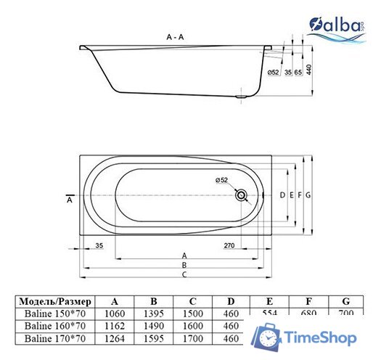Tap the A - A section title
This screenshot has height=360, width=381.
click(x=175, y=37)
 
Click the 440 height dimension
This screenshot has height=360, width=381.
click(x=308, y=70)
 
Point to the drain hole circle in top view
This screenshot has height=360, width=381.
click(x=242, y=195)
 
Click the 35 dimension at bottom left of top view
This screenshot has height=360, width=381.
click(x=99, y=245)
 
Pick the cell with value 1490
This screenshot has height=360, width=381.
click(x=153, y=326)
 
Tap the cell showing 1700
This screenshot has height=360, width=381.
click(x=192, y=338)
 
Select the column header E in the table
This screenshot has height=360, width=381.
click(x=269, y=300)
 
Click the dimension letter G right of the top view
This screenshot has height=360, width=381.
click(x=308, y=195)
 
